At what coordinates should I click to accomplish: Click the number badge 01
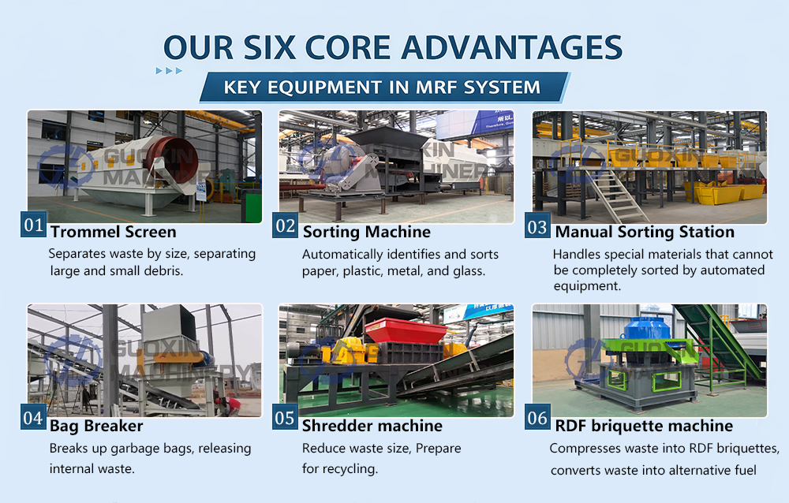click(34, 225)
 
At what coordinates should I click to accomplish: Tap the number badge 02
click(286, 225)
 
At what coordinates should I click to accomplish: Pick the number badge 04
click(33, 417)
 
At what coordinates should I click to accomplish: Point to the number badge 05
click(285, 417)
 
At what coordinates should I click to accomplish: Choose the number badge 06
click(537, 417)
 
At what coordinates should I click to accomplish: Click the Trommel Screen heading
click(113, 232)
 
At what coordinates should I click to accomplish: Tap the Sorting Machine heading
click(367, 232)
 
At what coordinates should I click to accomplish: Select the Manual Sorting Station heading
click(645, 232)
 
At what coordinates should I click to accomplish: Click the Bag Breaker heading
click(96, 426)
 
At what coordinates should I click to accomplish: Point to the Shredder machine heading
click(372, 426)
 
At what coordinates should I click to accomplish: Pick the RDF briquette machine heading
click(644, 426)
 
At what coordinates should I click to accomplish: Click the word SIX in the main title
click(270, 48)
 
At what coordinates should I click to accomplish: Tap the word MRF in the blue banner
click(436, 88)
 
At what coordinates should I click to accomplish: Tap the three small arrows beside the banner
click(169, 71)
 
